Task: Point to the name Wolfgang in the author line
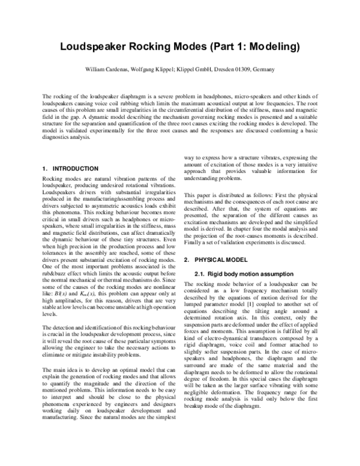coord(163,69)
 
